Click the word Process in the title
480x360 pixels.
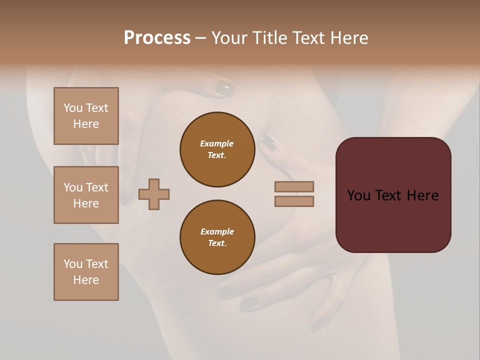[x=157, y=38]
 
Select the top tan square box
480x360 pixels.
[x=86, y=116]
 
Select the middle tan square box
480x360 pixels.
[x=86, y=195]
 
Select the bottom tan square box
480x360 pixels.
[x=86, y=272]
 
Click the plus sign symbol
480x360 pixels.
[x=154, y=194]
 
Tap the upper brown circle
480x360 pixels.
[x=217, y=149]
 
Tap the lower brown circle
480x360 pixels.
[x=217, y=237]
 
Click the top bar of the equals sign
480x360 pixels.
[x=294, y=186]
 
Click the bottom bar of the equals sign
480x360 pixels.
[x=294, y=201]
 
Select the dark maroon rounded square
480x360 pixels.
[x=393, y=220]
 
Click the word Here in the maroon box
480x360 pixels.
[x=422, y=195]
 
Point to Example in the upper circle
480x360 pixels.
[x=216, y=143]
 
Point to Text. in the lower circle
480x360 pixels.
[x=217, y=243]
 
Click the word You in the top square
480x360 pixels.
[x=73, y=108]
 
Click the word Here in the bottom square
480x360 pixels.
[x=86, y=280]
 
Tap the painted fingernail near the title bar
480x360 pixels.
[x=224, y=89]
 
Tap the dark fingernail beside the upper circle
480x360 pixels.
[x=269, y=142]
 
